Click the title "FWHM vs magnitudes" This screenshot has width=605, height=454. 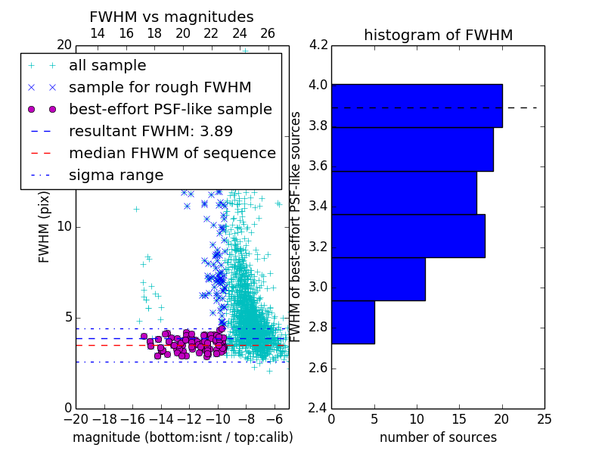pos(172,17)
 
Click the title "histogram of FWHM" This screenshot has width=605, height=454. pos(439,35)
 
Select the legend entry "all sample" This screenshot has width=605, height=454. pos(107,66)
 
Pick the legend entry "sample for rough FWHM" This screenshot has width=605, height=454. pos(160,88)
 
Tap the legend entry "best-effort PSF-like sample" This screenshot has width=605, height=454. pos(170,109)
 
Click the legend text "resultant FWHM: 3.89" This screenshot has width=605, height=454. pos(150,131)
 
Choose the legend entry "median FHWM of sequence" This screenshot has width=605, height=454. pos(172,154)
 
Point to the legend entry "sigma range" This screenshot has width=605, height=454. pos(116,176)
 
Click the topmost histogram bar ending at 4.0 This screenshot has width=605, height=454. pos(417,106)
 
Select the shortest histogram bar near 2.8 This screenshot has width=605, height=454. pos(353,322)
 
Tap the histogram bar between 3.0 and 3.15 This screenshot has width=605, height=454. pos(379,278)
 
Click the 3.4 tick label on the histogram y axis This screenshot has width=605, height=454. pos(318,207)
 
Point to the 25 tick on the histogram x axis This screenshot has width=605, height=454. pos(544,419)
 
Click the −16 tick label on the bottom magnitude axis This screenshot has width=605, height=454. pos(129,419)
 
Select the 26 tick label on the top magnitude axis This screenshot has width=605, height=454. pos(268,33)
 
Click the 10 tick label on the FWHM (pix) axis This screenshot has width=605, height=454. pos(64,226)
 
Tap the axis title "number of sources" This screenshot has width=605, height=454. pos(439,437)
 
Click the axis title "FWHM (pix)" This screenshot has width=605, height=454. pos(44,228)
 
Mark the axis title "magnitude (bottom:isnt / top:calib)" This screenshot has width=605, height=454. pos(183,437)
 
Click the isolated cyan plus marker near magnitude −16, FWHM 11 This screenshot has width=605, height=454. pos(136,210)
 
